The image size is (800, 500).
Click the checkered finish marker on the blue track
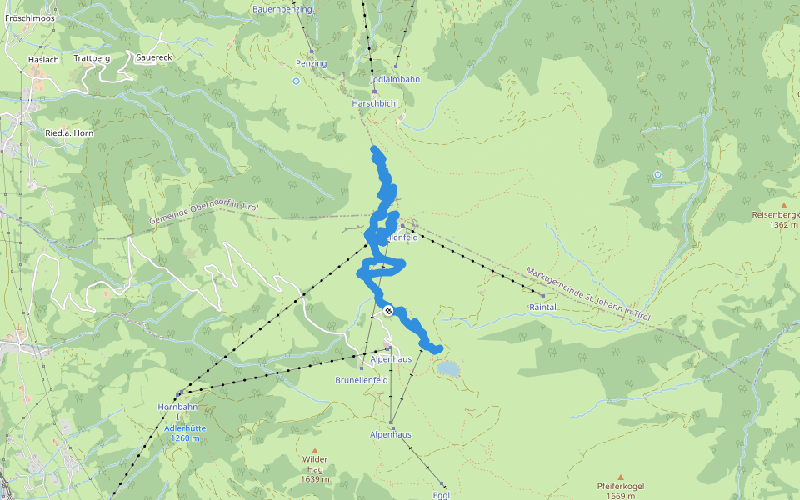pyautogui.click(x=388, y=312)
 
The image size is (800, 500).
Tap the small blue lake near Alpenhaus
pyautogui.click(x=448, y=367)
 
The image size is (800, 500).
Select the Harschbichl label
pyautogui.click(x=375, y=103)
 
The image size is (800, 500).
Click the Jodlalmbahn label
pyautogui.click(x=395, y=79)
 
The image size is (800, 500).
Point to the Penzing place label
pyautogui.click(x=312, y=63)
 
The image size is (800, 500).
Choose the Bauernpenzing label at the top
pyautogui.click(x=282, y=9)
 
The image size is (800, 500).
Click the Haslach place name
pyautogui.click(x=43, y=60)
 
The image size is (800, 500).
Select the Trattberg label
pyautogui.click(x=92, y=58)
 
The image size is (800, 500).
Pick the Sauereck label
pyautogui.click(x=153, y=58)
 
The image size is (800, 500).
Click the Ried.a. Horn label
pyautogui.click(x=69, y=133)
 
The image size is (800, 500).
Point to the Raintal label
pyautogui.click(x=542, y=307)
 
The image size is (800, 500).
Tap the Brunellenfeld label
pyautogui.click(x=362, y=379)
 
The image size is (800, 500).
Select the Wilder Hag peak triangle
pyautogui.click(x=315, y=450)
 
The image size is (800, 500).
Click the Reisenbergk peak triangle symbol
pyautogui.click(x=783, y=205)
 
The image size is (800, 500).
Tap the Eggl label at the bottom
pyautogui.click(x=442, y=495)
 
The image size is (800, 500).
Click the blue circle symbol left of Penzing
pyautogui.click(x=296, y=81)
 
